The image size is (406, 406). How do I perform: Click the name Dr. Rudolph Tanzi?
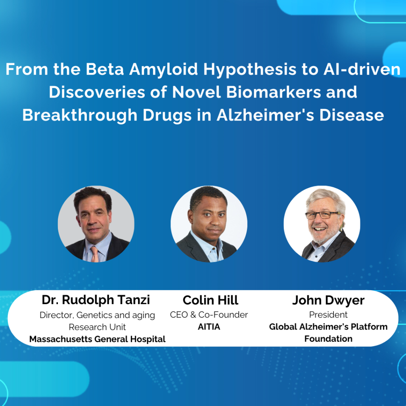[x=96, y=300]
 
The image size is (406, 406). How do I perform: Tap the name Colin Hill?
[x=211, y=300]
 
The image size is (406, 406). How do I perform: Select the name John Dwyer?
[x=328, y=300]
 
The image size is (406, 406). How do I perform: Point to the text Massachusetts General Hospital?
[x=98, y=339]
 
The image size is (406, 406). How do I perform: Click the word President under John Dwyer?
[x=328, y=315]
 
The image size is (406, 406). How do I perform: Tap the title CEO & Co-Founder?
[x=209, y=315]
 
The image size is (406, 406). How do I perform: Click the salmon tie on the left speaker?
[x=94, y=254]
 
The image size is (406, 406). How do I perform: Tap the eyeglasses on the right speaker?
[x=322, y=215]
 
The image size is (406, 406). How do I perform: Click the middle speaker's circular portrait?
[x=209, y=224]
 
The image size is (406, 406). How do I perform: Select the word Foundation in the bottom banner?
[x=328, y=339]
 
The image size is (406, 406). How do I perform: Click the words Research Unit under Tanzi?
[x=98, y=327]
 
